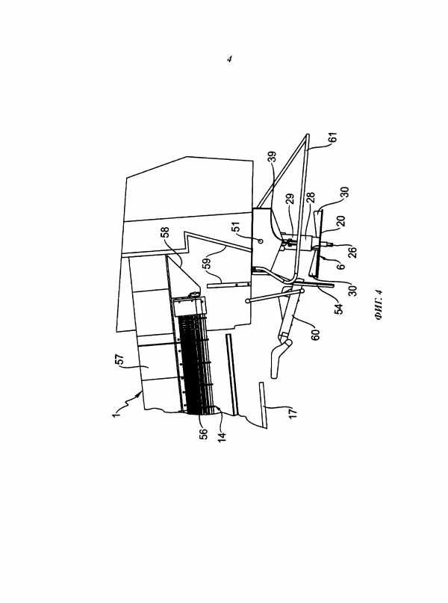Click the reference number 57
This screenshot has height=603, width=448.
point(120,360)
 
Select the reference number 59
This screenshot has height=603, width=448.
point(207,263)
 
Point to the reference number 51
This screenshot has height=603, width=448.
point(235,226)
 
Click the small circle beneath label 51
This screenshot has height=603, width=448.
point(260,241)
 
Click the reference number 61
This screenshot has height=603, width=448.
point(333,137)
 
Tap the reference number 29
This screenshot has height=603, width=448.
point(291,199)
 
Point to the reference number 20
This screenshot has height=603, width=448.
point(340,220)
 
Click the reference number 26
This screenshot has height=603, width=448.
point(352,252)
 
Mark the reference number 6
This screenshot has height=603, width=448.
point(340,266)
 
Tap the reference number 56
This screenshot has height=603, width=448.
point(203,434)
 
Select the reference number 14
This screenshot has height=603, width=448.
point(222,437)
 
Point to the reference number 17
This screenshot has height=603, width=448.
point(293,413)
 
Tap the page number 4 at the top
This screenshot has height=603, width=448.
point(229,59)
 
